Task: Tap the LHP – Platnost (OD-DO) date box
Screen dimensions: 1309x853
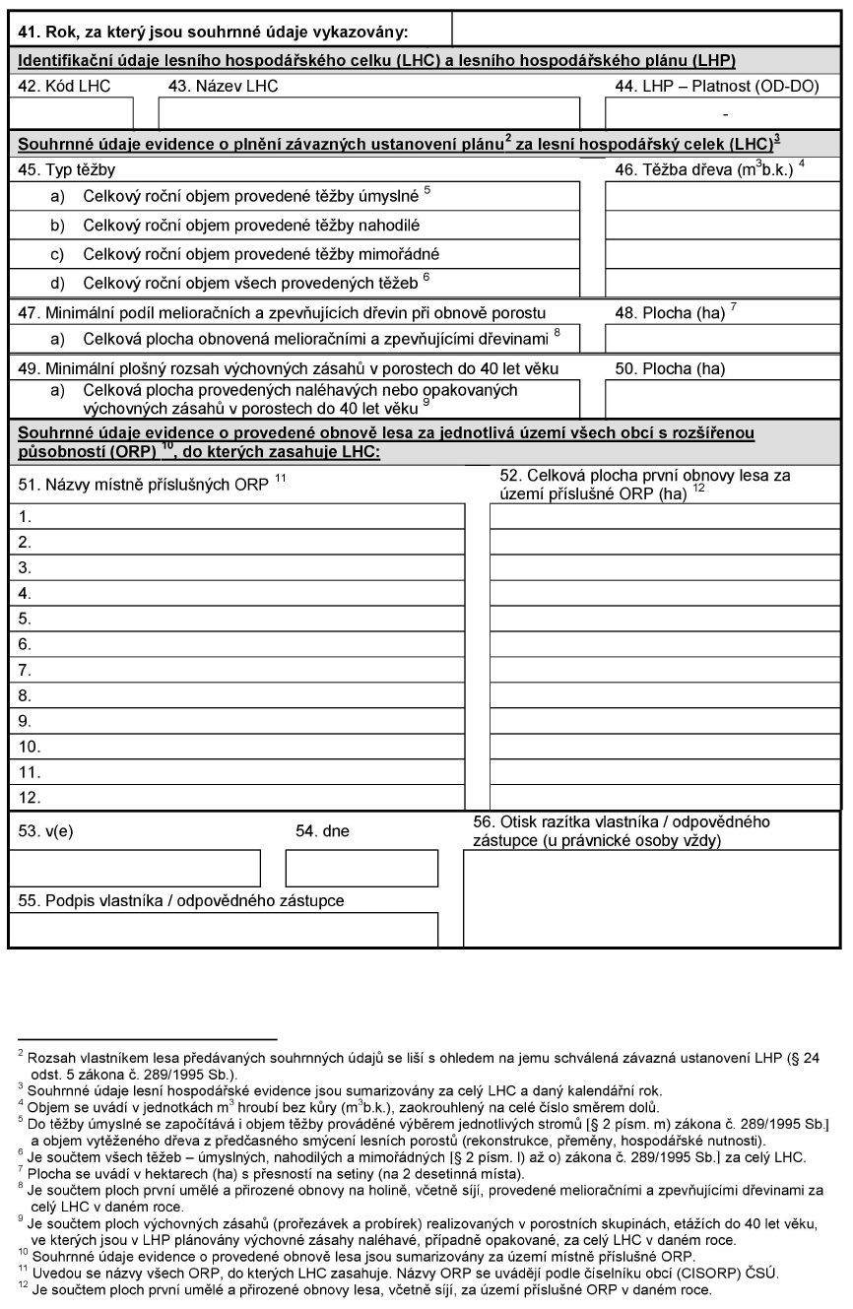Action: pos(724,112)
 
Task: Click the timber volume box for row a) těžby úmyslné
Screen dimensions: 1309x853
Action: pos(722,197)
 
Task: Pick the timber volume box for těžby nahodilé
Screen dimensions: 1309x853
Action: pos(722,226)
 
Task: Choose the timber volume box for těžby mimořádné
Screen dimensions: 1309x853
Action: pos(722,254)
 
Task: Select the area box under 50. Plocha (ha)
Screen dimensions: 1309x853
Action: pos(722,399)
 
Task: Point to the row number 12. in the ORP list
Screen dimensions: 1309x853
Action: pos(30,798)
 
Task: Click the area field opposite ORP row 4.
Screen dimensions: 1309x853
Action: pos(665,593)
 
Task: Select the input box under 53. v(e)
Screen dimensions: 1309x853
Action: pos(135,868)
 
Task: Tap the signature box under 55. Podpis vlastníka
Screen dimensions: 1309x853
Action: pos(224,929)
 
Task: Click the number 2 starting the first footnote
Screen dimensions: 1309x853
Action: pos(21,1054)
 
